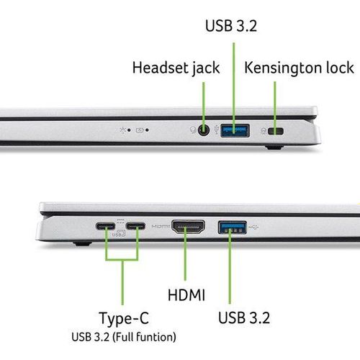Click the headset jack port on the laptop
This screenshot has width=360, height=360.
(204, 130)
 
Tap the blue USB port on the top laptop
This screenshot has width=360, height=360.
(235, 130)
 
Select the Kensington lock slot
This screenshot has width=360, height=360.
(276, 131)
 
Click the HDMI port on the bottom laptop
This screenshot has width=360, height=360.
(188, 227)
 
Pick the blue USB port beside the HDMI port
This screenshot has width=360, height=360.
(233, 228)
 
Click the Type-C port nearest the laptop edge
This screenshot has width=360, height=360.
(105, 226)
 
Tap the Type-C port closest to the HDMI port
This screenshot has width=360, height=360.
(135, 226)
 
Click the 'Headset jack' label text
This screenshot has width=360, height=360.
(176, 68)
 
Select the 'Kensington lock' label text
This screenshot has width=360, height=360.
(299, 68)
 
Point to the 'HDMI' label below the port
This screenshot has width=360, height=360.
(186, 294)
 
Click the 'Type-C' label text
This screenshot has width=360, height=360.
(124, 318)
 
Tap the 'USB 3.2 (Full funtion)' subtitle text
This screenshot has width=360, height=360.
(124, 337)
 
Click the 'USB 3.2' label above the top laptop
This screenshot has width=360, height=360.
(231, 25)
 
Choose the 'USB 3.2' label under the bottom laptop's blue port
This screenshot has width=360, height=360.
(244, 318)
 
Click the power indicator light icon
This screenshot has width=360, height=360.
(123, 130)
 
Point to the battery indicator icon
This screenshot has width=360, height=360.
(140, 130)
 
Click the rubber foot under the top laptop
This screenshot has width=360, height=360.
(274, 147)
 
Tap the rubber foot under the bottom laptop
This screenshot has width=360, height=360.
(82, 244)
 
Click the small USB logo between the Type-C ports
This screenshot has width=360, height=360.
(119, 233)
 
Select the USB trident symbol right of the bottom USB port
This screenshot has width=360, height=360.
(253, 227)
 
